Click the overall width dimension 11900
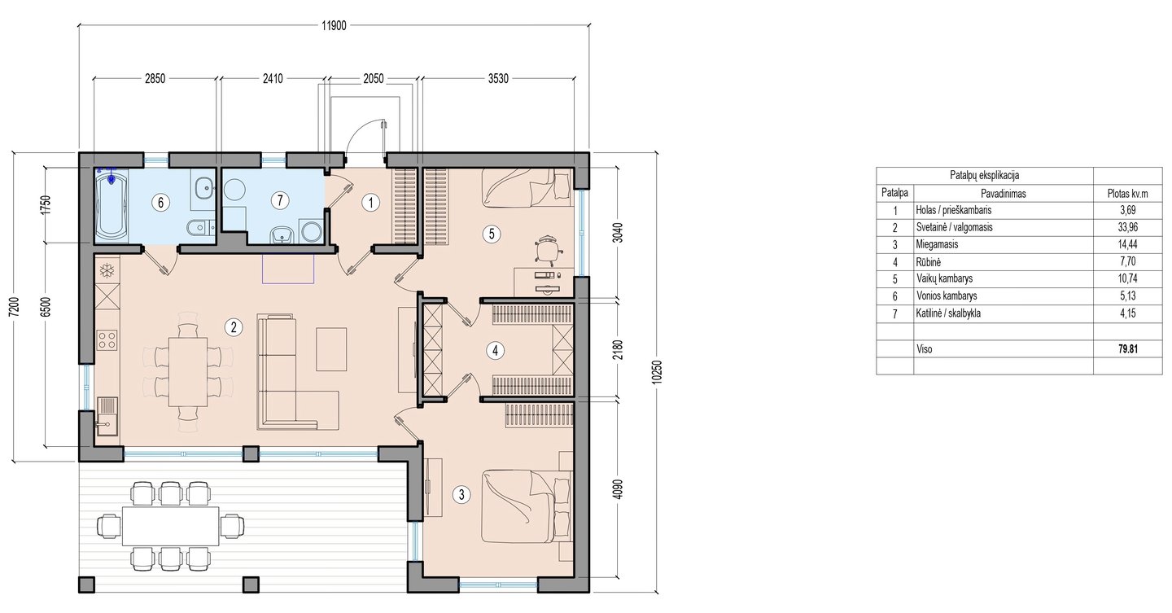tap(334, 26)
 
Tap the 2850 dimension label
tap(155, 78)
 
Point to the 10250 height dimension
tap(658, 372)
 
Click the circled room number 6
tap(160, 202)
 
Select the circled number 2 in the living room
tap(234, 328)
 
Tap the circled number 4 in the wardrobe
tap(495, 350)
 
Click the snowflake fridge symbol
tap(107, 271)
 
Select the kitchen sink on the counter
tap(107, 416)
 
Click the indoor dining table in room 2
tap(188, 372)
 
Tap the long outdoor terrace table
tap(170, 526)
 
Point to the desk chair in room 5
tap(547, 248)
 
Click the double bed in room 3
tap(526, 506)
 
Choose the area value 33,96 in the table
tap(1127, 227)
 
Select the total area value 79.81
tap(1128, 349)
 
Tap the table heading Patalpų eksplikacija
tap(984, 175)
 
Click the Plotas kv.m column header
tap(1127, 194)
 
